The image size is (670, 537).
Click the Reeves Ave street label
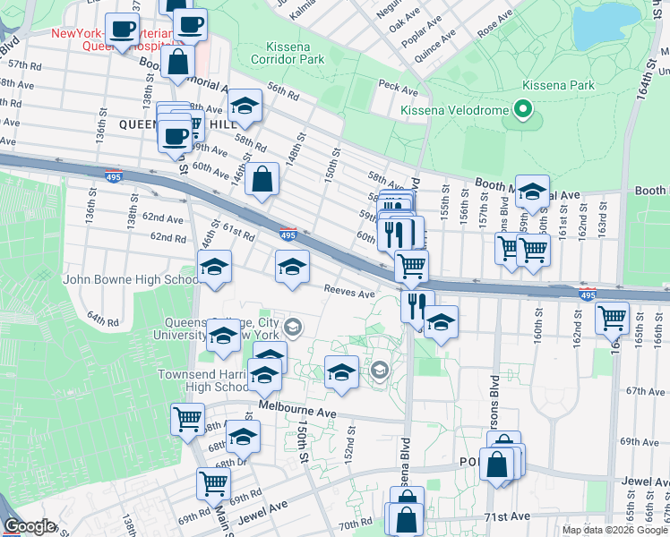349,294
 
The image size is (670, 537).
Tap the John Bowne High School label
131,279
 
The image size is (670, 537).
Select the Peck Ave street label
399,89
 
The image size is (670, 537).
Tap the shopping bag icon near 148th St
261,179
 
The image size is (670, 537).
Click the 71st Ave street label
502,517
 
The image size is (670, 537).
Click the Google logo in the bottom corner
29,526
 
